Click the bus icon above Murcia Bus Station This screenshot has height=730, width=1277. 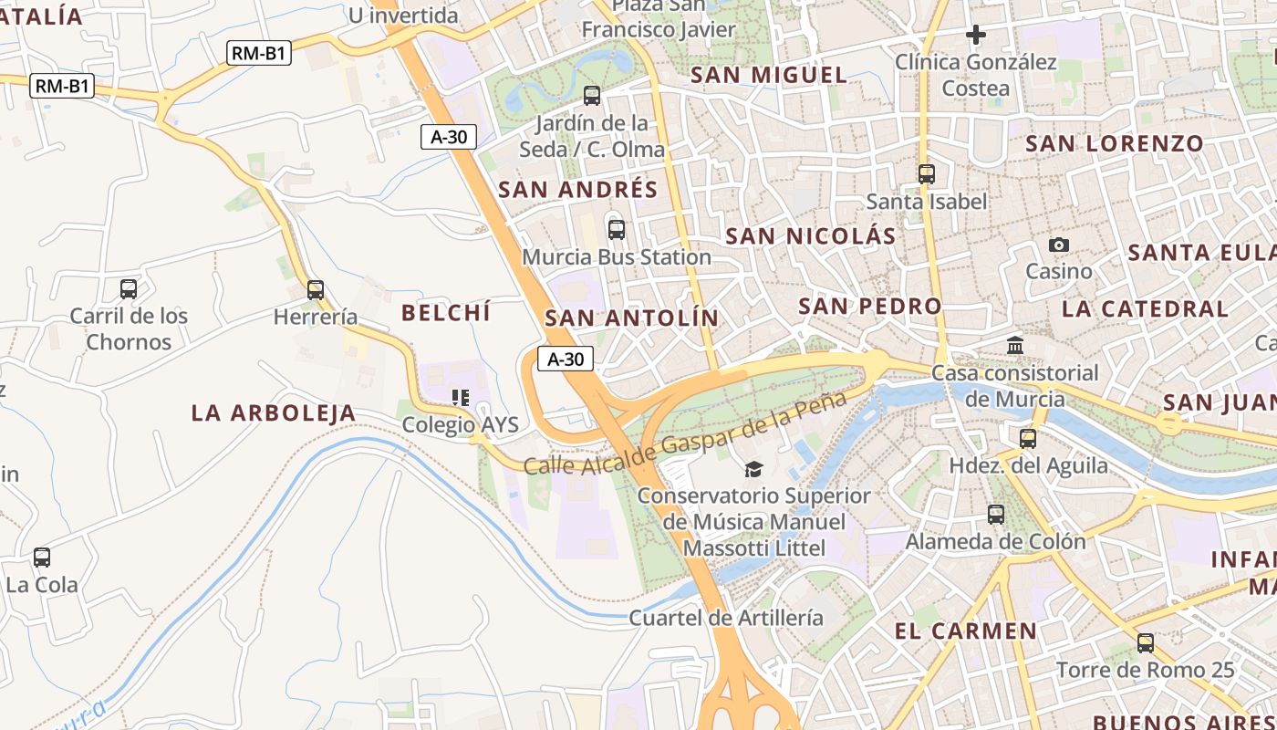pyautogui.click(x=617, y=229)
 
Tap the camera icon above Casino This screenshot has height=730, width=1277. pyautogui.click(x=1058, y=245)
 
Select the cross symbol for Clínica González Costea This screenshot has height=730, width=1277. pyautogui.click(x=976, y=35)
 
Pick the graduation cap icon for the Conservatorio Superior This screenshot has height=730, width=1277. pyautogui.click(x=753, y=469)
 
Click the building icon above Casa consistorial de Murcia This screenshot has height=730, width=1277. pyautogui.click(x=1015, y=346)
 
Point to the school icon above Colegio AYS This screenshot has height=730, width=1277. pyautogui.click(x=461, y=397)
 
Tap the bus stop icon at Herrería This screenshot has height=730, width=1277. pyautogui.click(x=316, y=290)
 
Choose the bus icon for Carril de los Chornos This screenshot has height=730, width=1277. pyautogui.click(x=129, y=289)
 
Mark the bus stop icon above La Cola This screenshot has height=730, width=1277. pyautogui.click(x=42, y=558)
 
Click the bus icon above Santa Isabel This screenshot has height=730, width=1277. pyautogui.click(x=927, y=173)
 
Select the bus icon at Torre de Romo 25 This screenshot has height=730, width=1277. pyautogui.click(x=1146, y=643)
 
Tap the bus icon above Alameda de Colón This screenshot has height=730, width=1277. pyautogui.click(x=996, y=515)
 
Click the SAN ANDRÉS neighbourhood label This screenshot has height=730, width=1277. pyautogui.click(x=578, y=190)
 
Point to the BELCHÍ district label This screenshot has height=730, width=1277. pyautogui.click(x=446, y=313)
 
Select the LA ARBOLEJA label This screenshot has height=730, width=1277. pyautogui.click(x=274, y=413)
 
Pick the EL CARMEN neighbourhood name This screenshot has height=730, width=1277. pyautogui.click(x=966, y=631)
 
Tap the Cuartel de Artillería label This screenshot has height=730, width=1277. pyautogui.click(x=726, y=618)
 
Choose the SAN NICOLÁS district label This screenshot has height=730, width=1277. pyautogui.click(x=811, y=236)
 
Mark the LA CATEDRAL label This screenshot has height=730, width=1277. pyautogui.click(x=1145, y=308)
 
